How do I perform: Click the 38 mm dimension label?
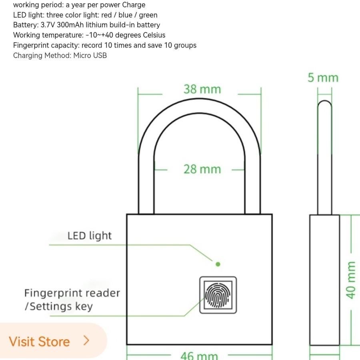coord(202,89)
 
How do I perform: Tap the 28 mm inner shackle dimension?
coord(202,169)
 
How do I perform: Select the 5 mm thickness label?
coord(323,78)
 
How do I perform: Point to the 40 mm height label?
coord(351,280)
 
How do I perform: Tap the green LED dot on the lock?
coord(218,264)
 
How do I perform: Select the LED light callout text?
coord(90,236)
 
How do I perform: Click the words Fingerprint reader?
coord(72,293)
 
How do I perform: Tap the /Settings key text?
coord(58,307)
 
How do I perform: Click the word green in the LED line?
coord(147,15)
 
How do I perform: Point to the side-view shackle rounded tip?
coord(324,105)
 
